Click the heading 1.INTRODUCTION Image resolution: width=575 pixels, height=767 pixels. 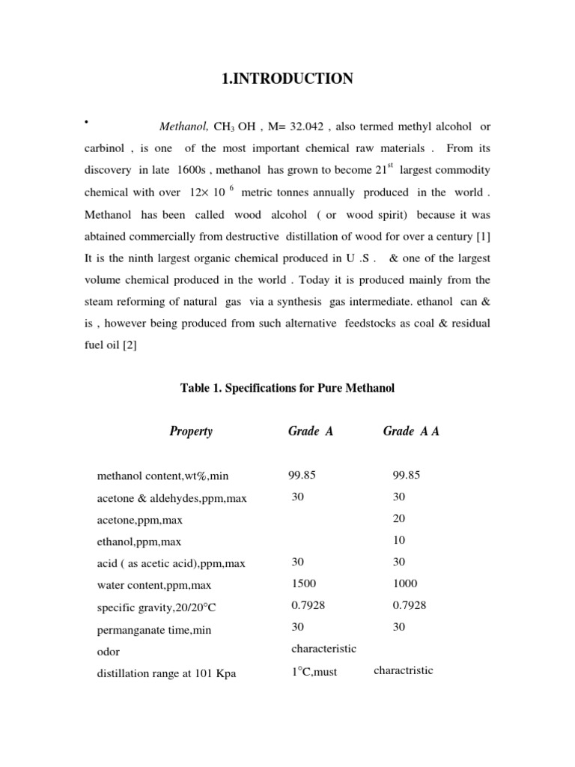287,79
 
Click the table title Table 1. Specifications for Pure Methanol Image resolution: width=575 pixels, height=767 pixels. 287,388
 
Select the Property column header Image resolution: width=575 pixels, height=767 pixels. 191,431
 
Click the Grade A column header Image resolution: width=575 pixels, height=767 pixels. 310,431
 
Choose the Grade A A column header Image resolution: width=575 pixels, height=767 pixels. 411,431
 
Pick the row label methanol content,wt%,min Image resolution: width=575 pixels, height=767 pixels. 163,476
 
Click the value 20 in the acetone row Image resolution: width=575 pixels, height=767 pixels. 398,518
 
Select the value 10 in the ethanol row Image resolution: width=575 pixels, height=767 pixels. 398,539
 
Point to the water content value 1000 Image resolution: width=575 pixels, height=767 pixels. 404,583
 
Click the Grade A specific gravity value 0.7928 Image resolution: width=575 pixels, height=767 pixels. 308,604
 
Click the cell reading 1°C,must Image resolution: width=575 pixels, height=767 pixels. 314,672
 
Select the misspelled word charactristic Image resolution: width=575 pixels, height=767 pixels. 404,670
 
